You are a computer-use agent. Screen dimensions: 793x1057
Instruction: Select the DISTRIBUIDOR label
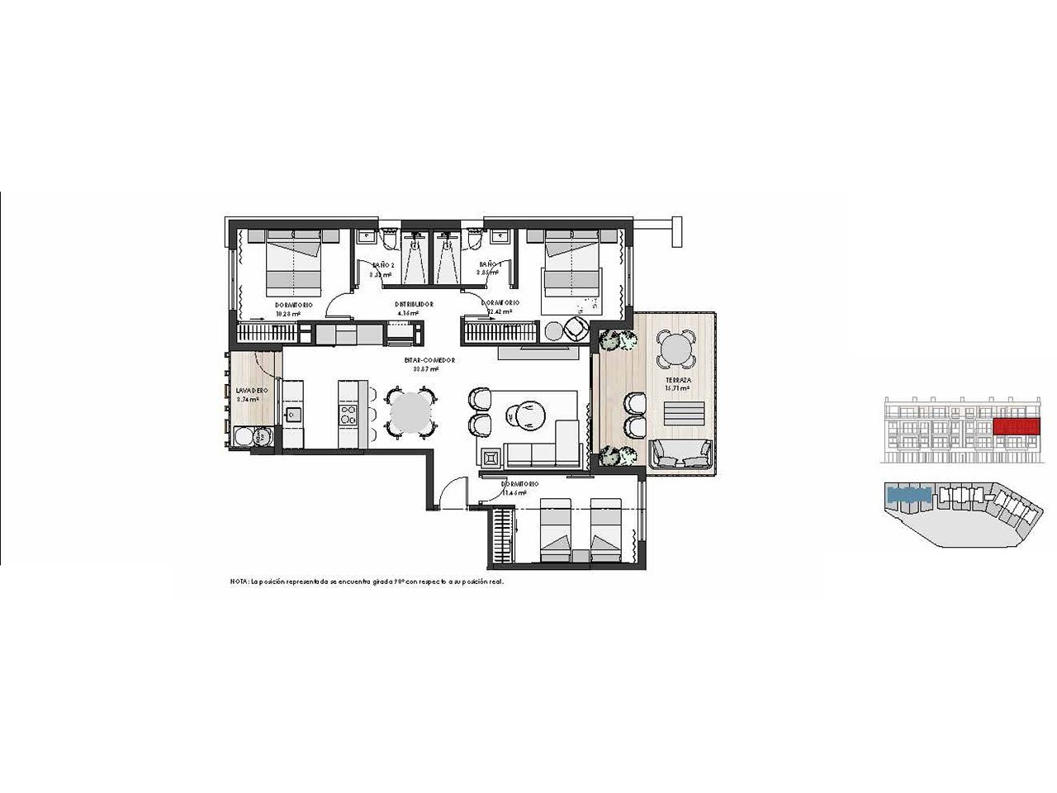410,304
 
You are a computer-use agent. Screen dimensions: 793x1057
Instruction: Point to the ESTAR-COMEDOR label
429,360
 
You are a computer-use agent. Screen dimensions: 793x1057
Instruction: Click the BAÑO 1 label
490,265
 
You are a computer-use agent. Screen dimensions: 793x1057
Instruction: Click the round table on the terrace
675,349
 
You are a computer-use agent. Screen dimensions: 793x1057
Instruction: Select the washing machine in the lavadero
250,437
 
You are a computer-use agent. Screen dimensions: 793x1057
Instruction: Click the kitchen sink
292,414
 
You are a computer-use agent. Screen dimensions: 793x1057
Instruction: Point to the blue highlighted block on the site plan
908,496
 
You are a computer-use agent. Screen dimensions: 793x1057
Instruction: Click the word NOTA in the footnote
239,582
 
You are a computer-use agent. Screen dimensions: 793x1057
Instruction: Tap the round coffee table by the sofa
525,410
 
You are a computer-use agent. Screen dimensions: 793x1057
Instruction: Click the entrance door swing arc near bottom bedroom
448,496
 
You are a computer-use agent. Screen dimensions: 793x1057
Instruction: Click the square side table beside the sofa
491,456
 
